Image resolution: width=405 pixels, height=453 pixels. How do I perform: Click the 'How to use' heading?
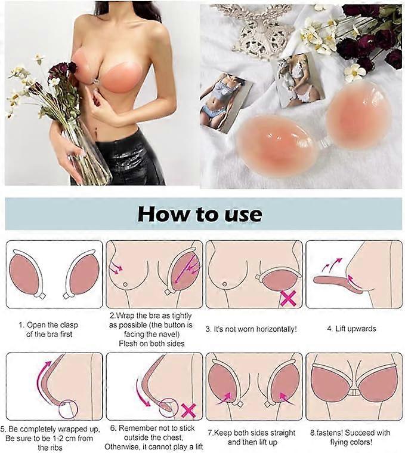tap(200, 215)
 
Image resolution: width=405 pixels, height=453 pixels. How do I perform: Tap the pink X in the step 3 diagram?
tap(288, 298)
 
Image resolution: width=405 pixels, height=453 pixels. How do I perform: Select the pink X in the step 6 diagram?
tap(188, 410)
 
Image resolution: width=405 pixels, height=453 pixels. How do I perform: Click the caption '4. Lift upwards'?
tap(351, 329)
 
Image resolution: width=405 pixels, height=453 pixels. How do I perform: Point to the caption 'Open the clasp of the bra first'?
tap(49, 330)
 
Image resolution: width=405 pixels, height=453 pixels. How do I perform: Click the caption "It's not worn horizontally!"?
tap(251, 329)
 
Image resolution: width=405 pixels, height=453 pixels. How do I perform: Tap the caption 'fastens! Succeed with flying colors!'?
tap(351, 437)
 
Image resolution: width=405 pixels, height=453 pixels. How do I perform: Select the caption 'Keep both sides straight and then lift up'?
tap(252, 437)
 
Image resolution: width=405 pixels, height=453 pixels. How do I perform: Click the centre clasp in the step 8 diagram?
tap(353, 392)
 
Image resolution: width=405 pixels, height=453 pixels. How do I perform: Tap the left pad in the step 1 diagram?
tap(24, 274)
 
